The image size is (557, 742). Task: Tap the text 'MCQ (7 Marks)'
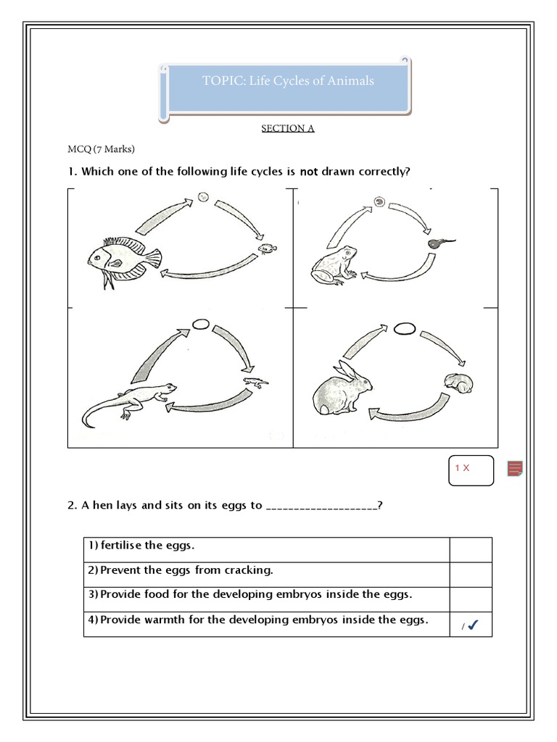click(102, 149)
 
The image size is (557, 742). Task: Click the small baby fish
click(268, 249)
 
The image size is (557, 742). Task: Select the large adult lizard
click(126, 403)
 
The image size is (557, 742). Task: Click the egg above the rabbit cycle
click(405, 328)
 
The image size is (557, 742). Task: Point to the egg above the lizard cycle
click(201, 325)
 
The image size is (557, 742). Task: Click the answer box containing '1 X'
click(471, 469)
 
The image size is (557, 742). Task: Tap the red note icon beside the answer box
click(515, 469)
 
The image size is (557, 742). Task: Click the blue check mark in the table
click(472, 625)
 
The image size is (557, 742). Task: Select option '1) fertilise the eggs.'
click(142, 545)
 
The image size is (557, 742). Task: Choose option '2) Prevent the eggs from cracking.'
click(181, 570)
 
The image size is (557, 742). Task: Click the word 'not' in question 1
click(310, 171)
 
